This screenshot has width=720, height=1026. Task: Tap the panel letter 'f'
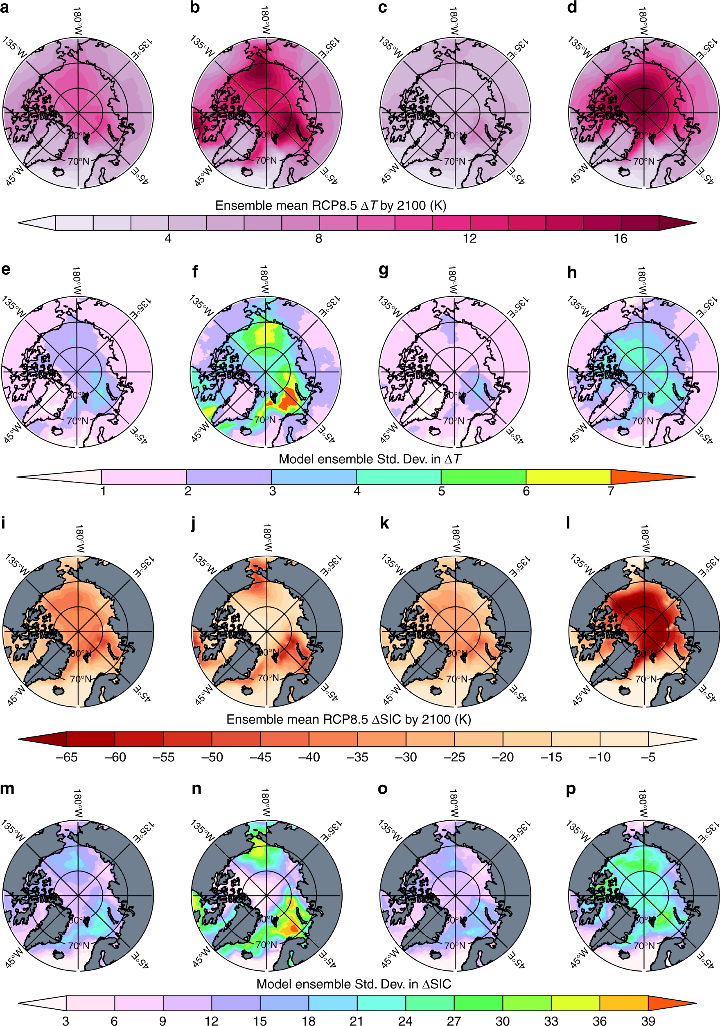(195, 271)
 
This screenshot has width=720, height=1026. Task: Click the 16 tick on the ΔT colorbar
(620, 239)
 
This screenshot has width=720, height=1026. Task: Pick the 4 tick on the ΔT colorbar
(168, 239)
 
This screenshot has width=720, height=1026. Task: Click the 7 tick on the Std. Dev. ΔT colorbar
(610, 491)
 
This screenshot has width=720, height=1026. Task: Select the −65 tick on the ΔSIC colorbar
(67, 757)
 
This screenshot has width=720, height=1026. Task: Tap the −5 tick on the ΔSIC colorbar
(648, 757)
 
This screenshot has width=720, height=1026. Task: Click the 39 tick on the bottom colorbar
(648, 1021)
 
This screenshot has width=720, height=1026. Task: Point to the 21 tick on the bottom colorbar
(357, 1021)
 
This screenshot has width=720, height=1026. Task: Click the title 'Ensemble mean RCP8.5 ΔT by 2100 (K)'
(330, 206)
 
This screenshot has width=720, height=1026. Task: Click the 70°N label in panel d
(643, 161)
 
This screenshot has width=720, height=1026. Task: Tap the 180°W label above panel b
(265, 20)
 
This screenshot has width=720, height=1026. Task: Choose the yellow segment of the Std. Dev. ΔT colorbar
(568, 477)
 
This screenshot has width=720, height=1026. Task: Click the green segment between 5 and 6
(483, 477)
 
